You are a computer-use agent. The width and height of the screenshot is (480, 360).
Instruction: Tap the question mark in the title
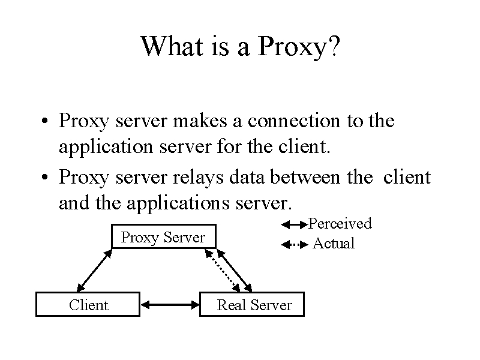pyautogui.click(x=335, y=46)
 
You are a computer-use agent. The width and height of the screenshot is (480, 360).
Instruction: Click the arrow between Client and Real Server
pyautogui.click(x=170, y=305)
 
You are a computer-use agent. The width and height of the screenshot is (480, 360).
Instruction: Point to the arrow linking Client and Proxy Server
pyautogui.click(x=94, y=271)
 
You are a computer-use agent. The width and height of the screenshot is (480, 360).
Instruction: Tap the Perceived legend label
pyautogui.click(x=340, y=223)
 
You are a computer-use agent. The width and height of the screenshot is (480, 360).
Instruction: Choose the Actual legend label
pyautogui.click(x=334, y=244)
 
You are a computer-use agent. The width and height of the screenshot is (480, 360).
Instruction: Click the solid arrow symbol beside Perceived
pyautogui.click(x=294, y=225)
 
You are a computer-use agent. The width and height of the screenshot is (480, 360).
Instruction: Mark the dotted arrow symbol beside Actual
pyautogui.click(x=295, y=245)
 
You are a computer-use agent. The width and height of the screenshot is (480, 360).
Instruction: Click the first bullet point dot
pyautogui.click(x=44, y=121)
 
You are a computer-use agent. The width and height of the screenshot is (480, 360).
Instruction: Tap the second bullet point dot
pyautogui.click(x=44, y=177)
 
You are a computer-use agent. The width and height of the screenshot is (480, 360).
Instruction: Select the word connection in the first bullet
pyautogui.click(x=294, y=121)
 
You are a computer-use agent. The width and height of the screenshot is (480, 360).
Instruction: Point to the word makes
pyautogui.click(x=200, y=121)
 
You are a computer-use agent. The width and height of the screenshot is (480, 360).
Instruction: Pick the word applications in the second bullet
pyautogui.click(x=178, y=203)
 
